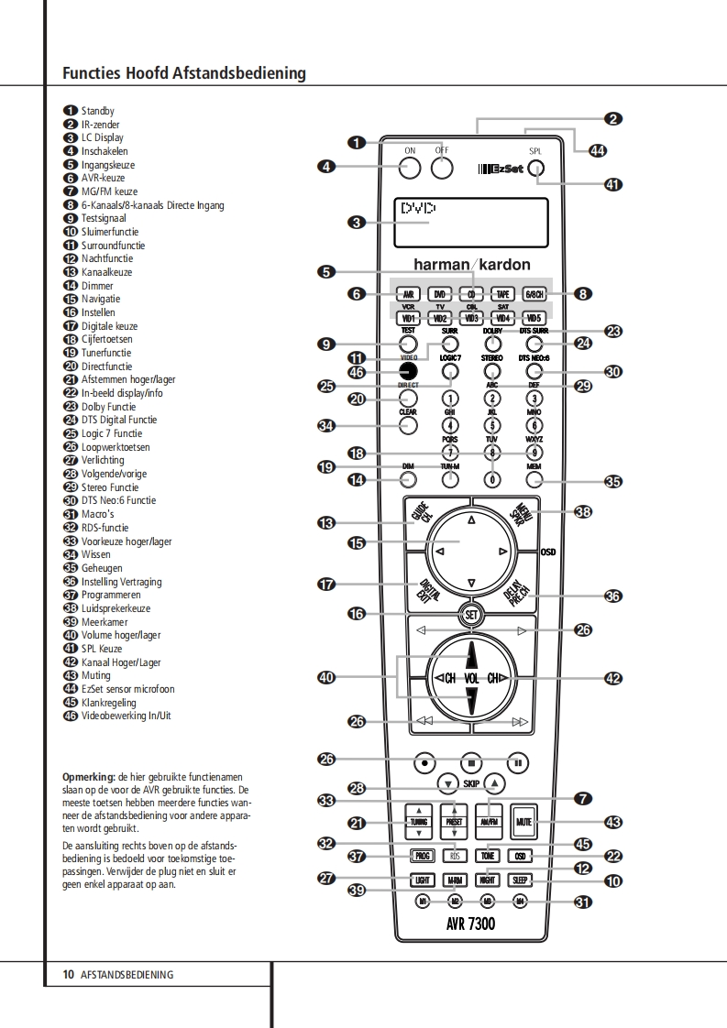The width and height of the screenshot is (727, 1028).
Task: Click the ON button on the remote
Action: [410, 168]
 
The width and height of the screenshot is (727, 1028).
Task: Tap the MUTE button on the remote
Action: [523, 822]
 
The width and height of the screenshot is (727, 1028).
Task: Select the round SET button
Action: [471, 614]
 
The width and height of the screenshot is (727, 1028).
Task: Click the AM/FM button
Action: [490, 822]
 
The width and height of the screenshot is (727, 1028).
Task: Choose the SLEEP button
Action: [521, 880]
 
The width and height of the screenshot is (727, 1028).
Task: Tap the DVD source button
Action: [440, 294]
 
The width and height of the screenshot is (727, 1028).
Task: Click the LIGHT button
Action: [422, 880]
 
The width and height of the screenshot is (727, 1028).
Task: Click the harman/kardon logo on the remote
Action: [471, 264]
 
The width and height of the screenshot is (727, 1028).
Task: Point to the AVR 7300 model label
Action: [471, 924]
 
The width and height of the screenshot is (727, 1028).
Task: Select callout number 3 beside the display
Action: [358, 222]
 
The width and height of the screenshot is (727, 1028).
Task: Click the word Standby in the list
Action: [97, 111]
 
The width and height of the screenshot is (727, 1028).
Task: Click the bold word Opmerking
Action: [88, 775]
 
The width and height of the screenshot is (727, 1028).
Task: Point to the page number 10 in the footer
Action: [68, 974]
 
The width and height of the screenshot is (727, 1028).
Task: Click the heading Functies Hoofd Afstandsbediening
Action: [183, 73]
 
